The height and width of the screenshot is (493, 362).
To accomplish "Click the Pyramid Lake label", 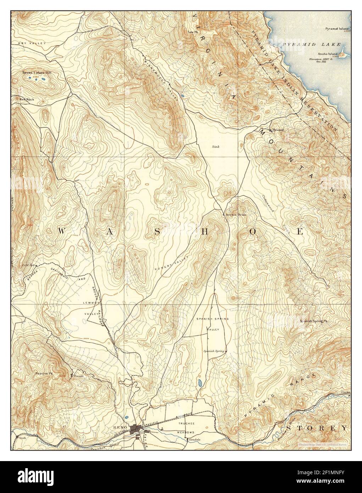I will [312, 44].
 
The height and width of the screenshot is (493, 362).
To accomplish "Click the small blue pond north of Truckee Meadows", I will [200, 383].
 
